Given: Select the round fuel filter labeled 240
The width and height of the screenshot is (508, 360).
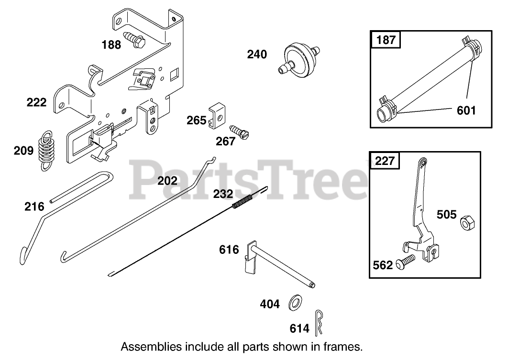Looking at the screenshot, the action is click(x=299, y=58).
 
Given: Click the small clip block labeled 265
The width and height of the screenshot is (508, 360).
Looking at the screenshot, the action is click(x=217, y=115).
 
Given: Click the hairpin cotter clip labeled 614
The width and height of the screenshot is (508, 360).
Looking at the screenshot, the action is click(x=320, y=323).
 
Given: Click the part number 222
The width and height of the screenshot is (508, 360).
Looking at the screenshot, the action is click(x=37, y=102).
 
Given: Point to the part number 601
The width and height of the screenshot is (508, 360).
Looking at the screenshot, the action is click(x=466, y=110).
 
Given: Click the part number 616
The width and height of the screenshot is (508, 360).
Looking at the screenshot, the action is click(x=229, y=250).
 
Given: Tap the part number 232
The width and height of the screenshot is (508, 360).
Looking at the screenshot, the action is click(x=223, y=194).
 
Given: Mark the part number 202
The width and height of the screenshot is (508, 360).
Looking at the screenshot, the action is click(x=167, y=181).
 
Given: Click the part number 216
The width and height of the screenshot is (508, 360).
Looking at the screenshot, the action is click(x=34, y=207).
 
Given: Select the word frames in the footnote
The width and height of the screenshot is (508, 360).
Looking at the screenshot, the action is click(x=344, y=346).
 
